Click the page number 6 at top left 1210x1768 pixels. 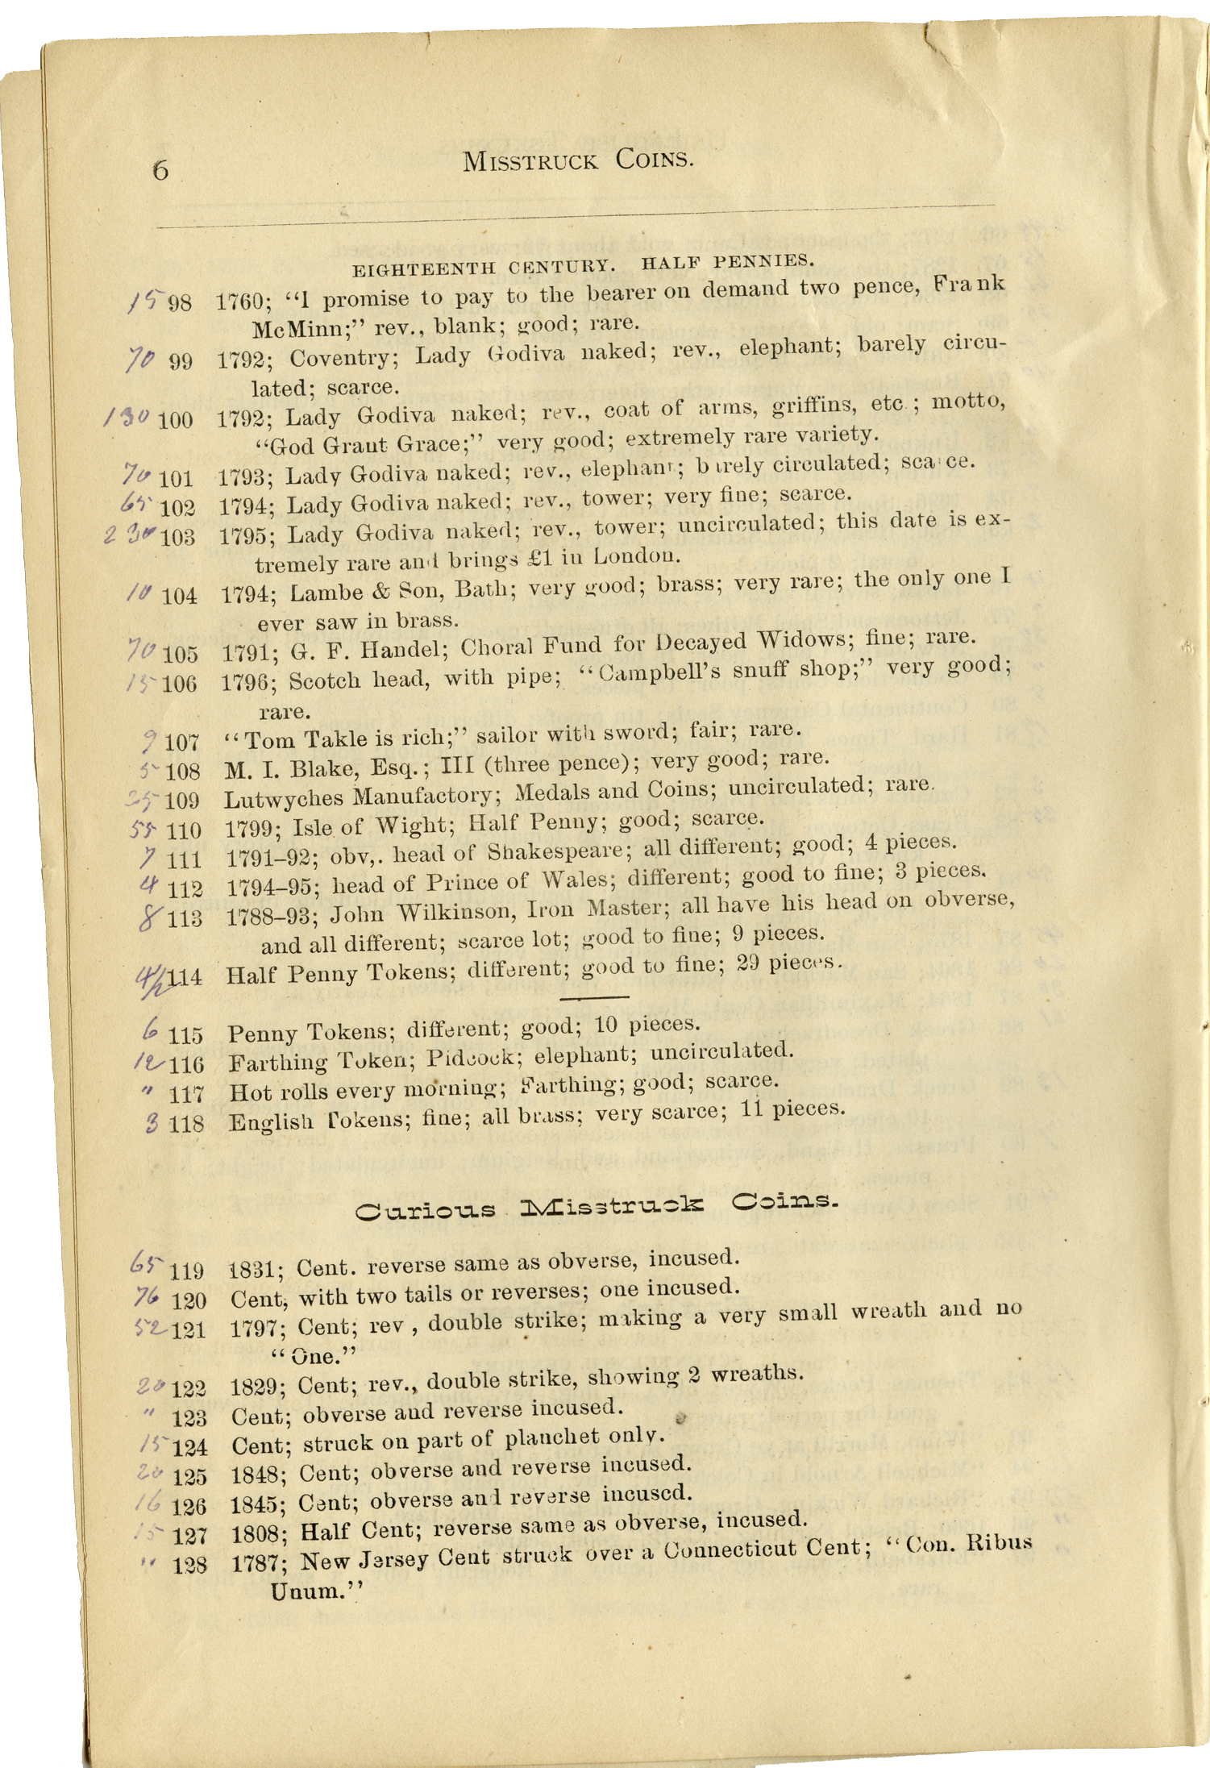[x=160, y=170]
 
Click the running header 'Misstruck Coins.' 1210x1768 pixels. [x=578, y=160]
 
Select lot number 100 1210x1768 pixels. [x=176, y=419]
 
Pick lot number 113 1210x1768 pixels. [x=185, y=918]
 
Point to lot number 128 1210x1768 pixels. [x=189, y=1565]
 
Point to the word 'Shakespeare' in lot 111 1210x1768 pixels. [x=543, y=851]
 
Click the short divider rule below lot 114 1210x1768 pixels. [x=594, y=998]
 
